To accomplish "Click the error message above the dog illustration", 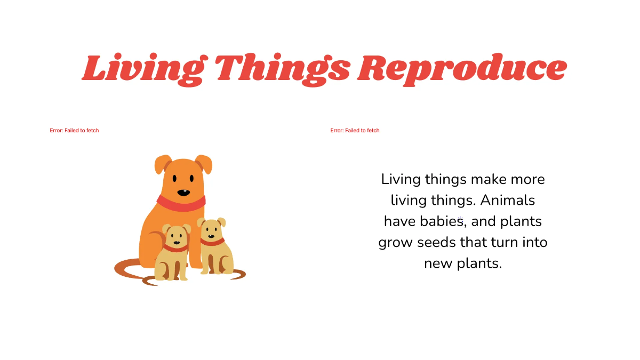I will pyautogui.click(x=74, y=131).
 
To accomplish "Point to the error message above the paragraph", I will pyautogui.click(x=355, y=131).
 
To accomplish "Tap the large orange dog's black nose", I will pyautogui.click(x=183, y=193).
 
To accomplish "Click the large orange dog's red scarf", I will pyautogui.click(x=181, y=203).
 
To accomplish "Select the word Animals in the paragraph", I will pyautogui.click(x=507, y=201).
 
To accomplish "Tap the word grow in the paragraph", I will pyautogui.click(x=396, y=243).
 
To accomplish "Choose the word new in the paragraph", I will pyautogui.click(x=436, y=263).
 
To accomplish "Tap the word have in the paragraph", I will pyautogui.click(x=401, y=221).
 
